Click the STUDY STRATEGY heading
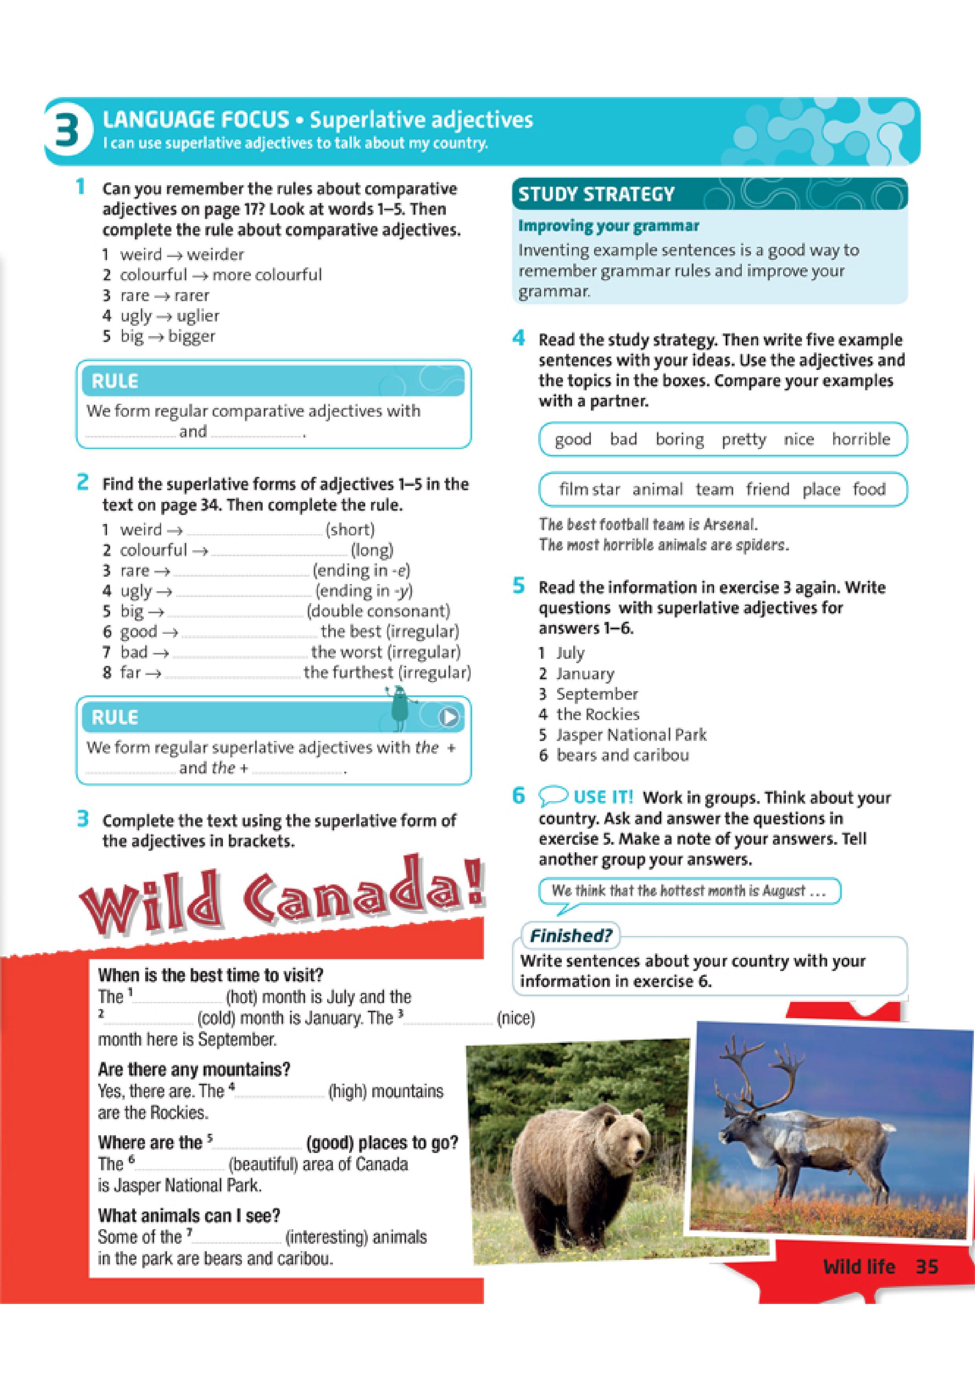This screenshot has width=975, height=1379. click(596, 195)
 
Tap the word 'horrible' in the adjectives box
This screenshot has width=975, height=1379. click(860, 439)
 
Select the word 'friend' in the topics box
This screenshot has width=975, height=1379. click(767, 489)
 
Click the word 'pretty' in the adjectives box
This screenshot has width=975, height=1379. click(744, 439)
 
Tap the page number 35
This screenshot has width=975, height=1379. click(926, 1267)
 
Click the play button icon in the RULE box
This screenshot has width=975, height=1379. click(449, 717)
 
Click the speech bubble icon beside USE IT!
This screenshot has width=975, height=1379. click(553, 797)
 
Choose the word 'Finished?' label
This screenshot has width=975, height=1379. click(570, 936)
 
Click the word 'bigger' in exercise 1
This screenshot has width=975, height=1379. click(191, 336)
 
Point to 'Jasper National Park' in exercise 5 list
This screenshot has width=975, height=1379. click(631, 735)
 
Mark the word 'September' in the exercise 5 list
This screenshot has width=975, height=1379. click(596, 694)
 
